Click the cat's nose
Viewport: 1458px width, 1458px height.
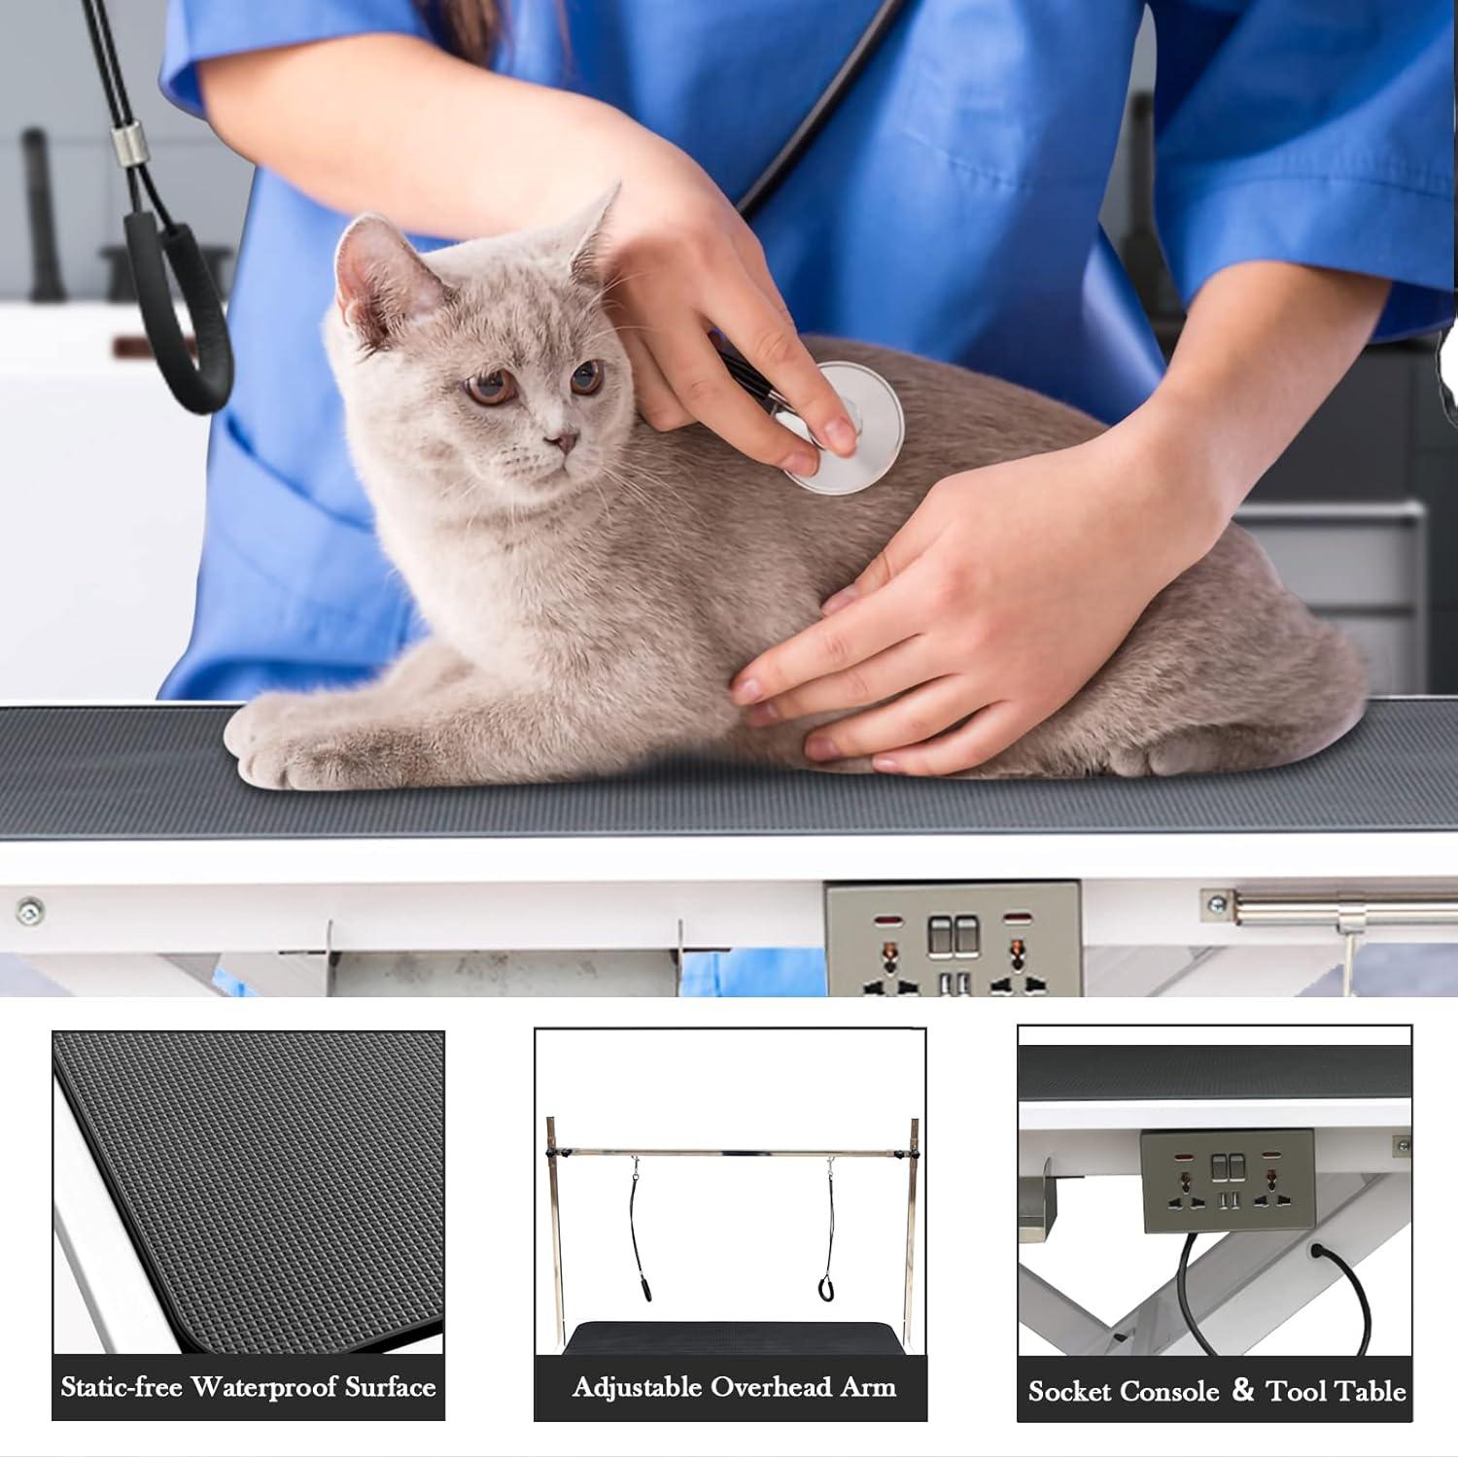(560, 443)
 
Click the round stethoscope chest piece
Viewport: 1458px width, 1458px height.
(844, 428)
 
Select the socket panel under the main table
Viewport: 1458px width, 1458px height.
(953, 939)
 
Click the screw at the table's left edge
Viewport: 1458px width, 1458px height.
(29, 910)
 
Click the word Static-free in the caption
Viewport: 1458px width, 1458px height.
(121, 1386)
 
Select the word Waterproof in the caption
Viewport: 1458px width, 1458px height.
(272, 1386)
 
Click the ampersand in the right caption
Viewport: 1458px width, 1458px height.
(1243, 1390)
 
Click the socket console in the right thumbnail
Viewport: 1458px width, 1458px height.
(1227, 1181)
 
